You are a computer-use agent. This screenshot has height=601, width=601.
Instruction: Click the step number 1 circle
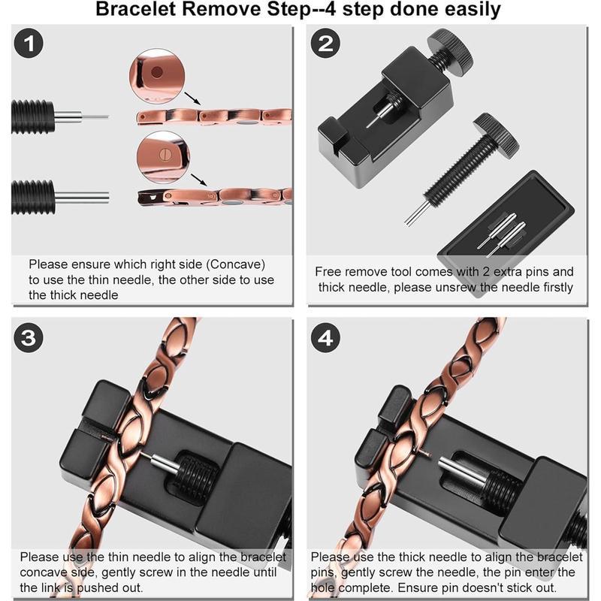(29, 44)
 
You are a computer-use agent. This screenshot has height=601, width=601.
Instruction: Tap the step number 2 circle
(325, 44)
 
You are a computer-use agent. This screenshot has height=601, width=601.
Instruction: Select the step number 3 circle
(29, 338)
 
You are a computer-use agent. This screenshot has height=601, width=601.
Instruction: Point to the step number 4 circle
(325, 338)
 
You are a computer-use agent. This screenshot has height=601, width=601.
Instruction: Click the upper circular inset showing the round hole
(156, 73)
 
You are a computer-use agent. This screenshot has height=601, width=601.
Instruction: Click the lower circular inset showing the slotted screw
(156, 156)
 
